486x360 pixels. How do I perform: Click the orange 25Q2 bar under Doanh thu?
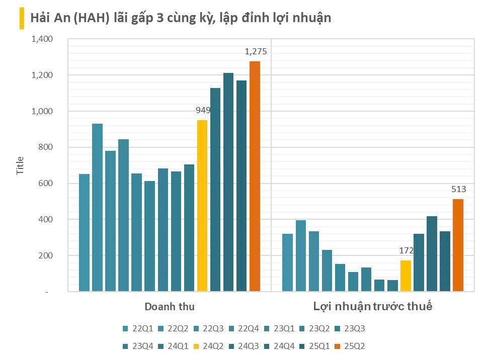click(255, 176)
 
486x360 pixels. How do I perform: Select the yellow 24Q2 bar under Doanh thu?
click(202, 206)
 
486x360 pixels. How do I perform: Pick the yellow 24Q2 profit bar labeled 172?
click(406, 276)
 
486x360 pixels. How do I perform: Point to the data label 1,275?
click(256, 51)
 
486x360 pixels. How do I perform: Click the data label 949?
click(203, 110)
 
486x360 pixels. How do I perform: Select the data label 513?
click(458, 190)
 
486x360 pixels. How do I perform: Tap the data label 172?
click(406, 250)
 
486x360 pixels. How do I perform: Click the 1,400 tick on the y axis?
click(43, 39)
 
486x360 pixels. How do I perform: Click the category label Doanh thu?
click(170, 307)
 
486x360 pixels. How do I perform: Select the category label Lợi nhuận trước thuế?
click(373, 307)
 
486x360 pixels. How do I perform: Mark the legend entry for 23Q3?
click(350, 329)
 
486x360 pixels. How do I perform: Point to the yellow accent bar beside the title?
click(22, 19)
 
